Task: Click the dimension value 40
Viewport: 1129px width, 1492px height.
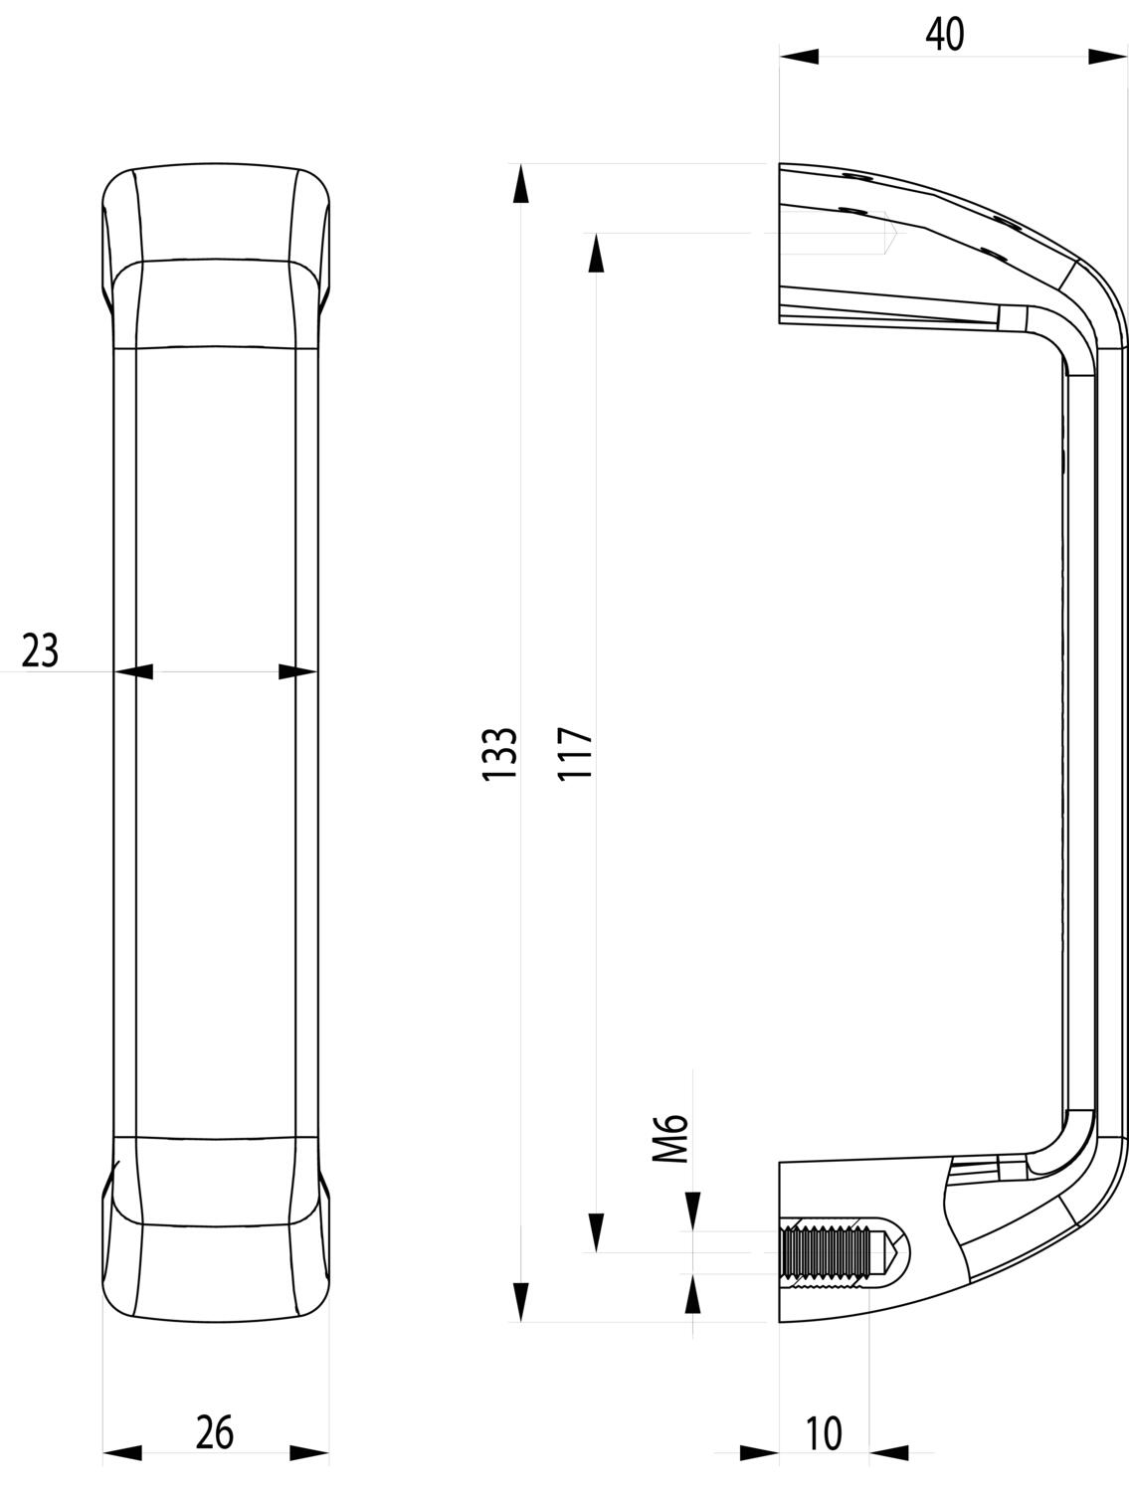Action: tap(944, 35)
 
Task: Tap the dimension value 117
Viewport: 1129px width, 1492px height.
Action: tap(576, 752)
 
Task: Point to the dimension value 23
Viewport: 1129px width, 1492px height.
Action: tap(41, 652)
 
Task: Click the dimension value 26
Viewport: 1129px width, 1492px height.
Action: tap(214, 1432)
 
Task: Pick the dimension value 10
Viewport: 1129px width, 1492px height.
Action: tap(824, 1433)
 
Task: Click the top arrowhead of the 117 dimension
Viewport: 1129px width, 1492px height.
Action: tap(596, 253)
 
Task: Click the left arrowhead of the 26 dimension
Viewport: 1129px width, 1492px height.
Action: tap(122, 1454)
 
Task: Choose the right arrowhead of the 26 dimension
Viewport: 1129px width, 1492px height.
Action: tap(309, 1454)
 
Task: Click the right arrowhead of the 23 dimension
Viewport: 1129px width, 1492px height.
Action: tap(297, 672)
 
